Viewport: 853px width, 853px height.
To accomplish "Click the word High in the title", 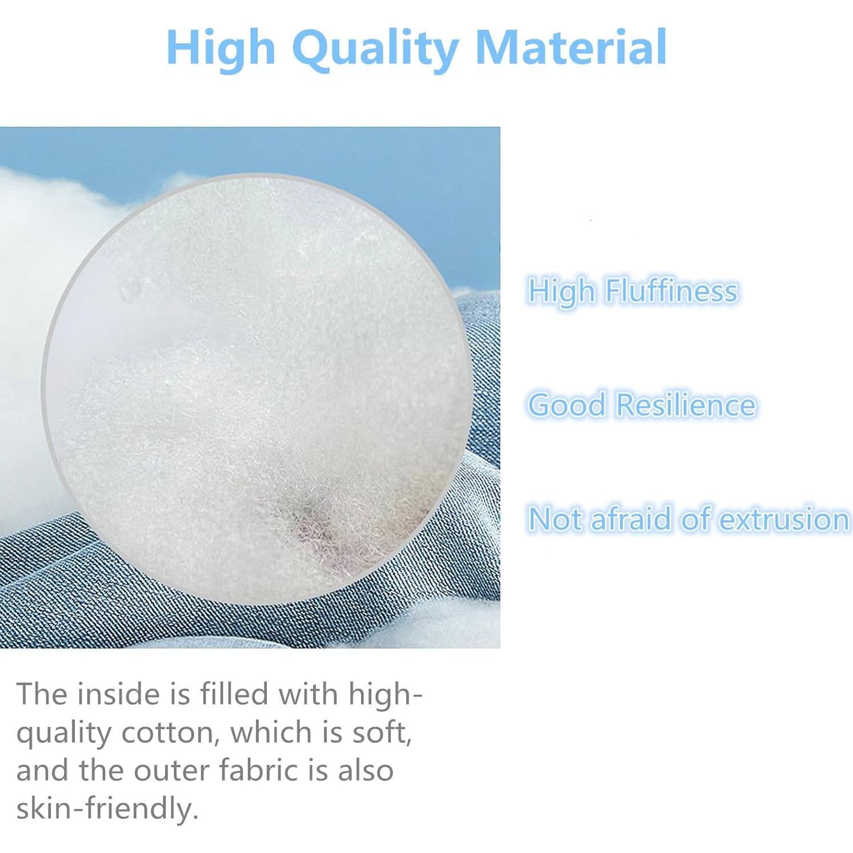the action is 222,49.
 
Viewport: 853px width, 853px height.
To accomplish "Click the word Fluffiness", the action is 671,290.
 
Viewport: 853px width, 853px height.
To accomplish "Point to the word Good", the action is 566,405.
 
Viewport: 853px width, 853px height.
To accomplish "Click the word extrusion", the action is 783,519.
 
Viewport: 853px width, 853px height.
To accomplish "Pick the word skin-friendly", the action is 107,808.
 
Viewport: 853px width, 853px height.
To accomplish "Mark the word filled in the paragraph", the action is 234,694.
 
